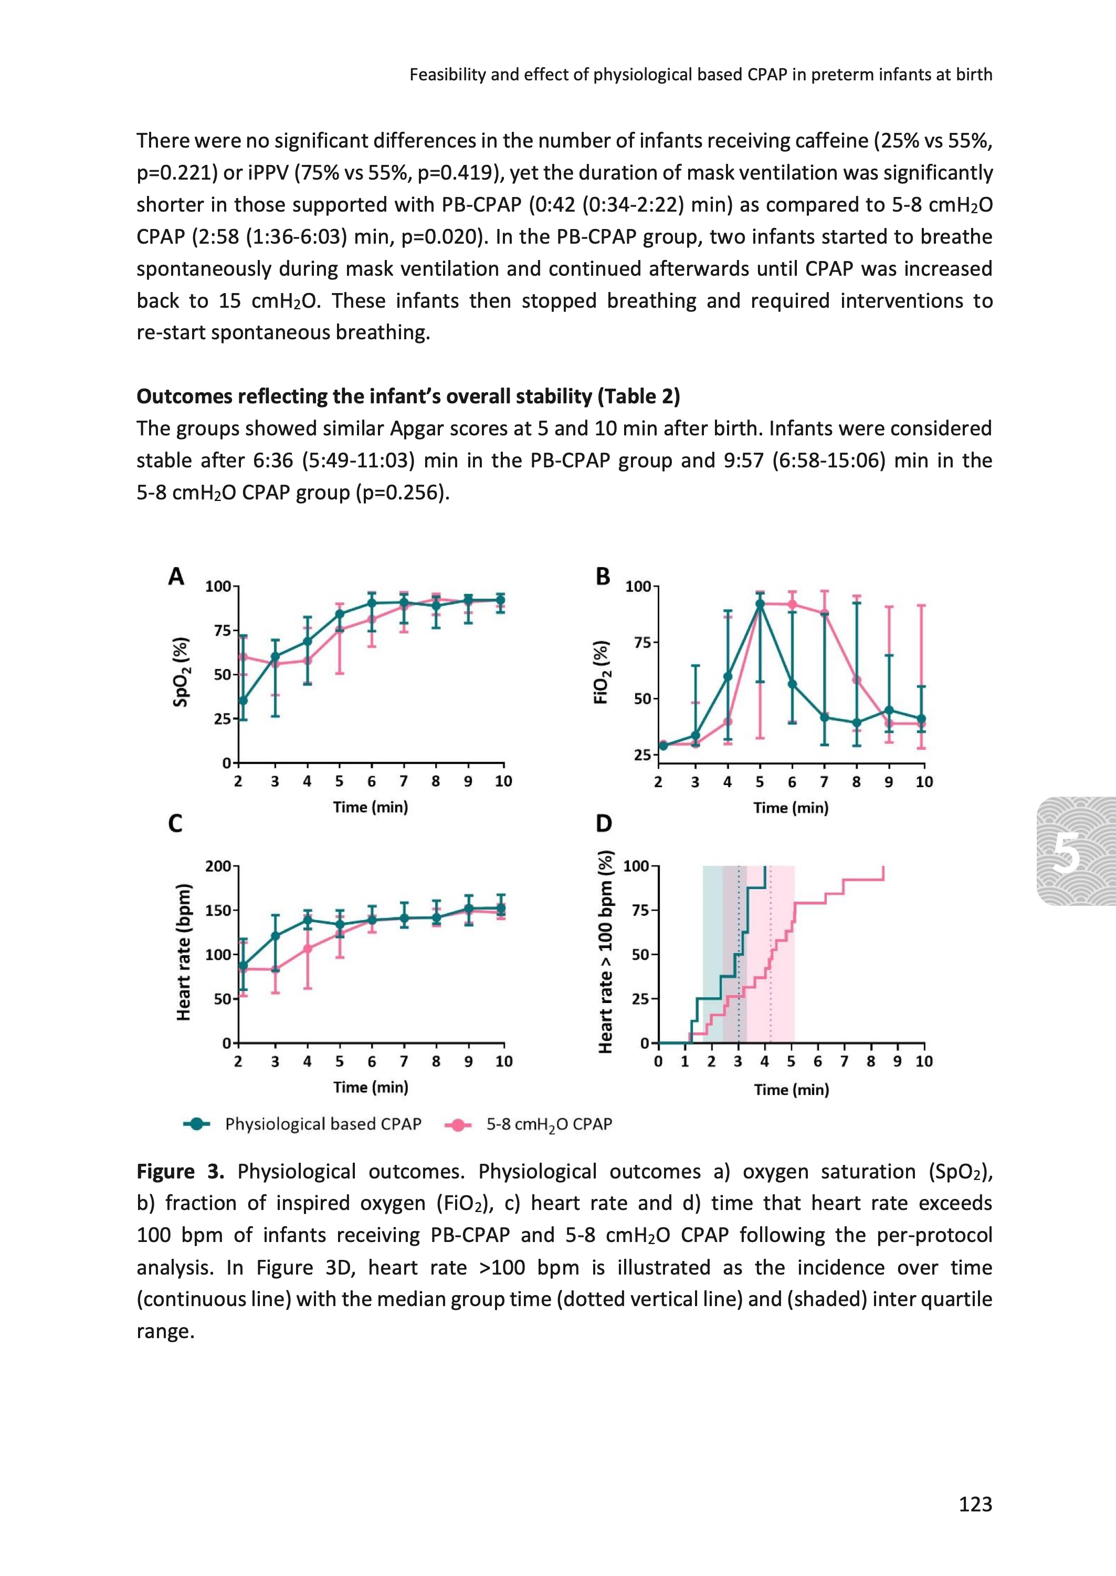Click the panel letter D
(603, 823)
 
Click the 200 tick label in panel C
(218, 866)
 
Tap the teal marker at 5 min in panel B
(760, 604)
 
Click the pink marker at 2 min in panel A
(243, 656)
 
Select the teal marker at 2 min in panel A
(243, 701)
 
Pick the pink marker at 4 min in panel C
(308, 948)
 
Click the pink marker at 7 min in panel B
(824, 613)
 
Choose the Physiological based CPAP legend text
(323, 1124)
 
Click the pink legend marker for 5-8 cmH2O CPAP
(458, 1124)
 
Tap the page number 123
(975, 1505)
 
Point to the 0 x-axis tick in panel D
(658, 1061)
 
